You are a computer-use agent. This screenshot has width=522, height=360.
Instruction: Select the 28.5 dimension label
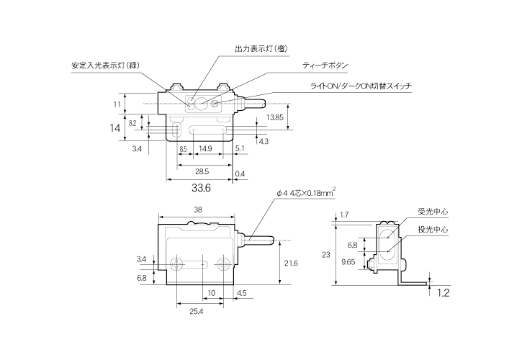(202, 172)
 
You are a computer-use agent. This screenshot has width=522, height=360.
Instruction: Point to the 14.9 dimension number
(205, 148)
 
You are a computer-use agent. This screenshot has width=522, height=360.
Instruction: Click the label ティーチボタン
(325, 66)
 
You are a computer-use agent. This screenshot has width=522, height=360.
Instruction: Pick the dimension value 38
(198, 210)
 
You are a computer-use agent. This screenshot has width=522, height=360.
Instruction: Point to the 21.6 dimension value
(291, 264)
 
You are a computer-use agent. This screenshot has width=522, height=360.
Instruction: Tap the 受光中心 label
(433, 212)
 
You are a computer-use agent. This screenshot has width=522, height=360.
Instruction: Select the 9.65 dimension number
(348, 263)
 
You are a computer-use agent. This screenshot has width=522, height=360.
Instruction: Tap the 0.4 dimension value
(240, 173)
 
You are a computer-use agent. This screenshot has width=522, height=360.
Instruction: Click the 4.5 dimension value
(241, 293)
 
